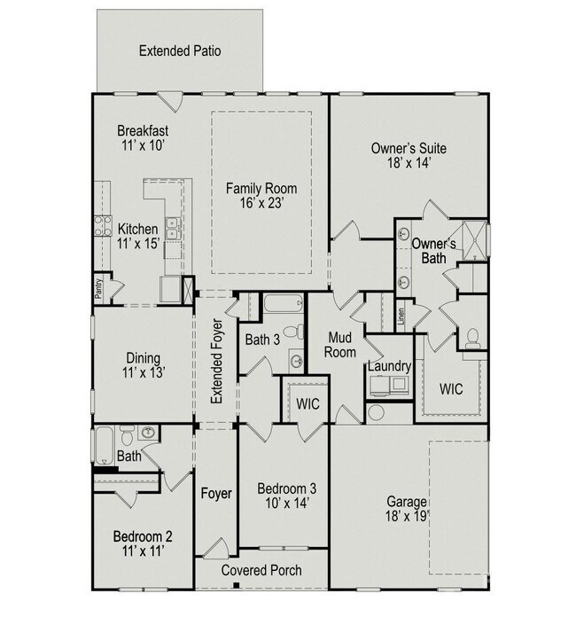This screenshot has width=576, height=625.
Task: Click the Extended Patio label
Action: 180,51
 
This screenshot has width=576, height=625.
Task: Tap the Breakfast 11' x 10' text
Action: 143,137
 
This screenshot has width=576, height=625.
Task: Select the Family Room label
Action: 261,196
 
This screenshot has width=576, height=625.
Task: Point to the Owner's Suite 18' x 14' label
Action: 407,156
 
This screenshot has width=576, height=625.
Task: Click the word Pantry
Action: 97,291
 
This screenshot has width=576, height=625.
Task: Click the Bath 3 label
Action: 263,340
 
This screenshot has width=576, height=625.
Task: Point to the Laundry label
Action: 388,366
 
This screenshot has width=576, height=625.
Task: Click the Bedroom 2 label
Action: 142,543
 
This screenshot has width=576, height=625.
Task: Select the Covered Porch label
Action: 261,570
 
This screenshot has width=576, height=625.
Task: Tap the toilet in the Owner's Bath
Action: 473,337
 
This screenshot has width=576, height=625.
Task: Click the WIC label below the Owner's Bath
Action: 451,388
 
